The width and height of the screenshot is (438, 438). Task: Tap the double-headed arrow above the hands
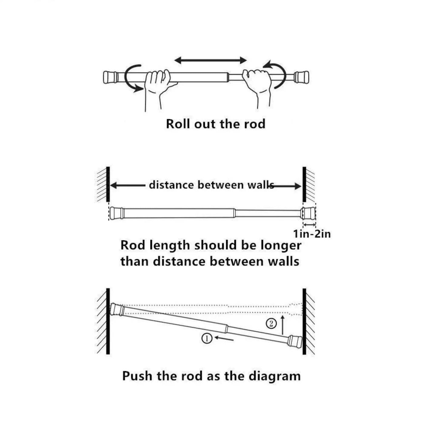(211, 60)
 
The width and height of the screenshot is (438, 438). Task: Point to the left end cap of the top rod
(110, 77)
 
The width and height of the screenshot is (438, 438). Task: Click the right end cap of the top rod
(302, 77)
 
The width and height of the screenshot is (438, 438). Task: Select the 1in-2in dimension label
(312, 234)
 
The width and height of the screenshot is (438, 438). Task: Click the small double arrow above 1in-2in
(309, 225)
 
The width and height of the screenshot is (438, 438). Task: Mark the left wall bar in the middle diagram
(108, 184)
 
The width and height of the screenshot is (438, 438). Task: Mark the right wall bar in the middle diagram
(304, 184)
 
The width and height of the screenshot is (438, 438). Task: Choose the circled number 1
(207, 338)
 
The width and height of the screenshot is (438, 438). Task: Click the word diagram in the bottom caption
(275, 376)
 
